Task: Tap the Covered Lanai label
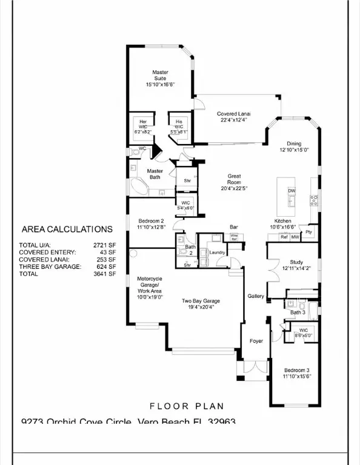234,113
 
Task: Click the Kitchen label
283,221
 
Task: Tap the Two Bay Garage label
201,301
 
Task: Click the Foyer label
256,341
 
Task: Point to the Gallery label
256,296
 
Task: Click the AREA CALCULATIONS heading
67,229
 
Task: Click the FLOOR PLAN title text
186,406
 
